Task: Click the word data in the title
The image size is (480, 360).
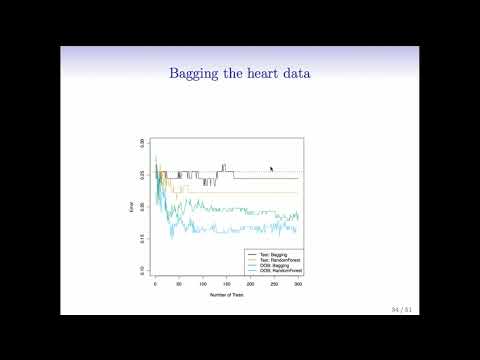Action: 293,73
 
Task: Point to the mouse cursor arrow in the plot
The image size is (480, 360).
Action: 271,168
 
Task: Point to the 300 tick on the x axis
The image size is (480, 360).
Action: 298,285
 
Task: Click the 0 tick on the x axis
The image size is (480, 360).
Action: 155,285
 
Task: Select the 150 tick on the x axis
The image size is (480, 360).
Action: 227,285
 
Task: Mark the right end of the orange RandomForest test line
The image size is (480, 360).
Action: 298,192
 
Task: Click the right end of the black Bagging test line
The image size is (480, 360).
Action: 298,179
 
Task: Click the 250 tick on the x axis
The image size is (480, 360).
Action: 274,285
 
